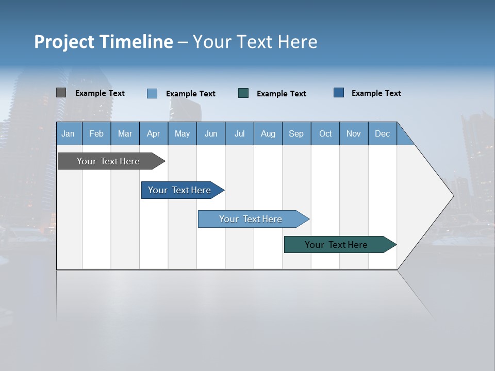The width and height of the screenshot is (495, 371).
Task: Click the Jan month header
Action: pyautogui.click(x=68, y=133)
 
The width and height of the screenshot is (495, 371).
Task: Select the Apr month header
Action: pyautogui.click(x=153, y=133)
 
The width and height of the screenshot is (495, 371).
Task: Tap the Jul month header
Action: pyautogui.click(x=239, y=133)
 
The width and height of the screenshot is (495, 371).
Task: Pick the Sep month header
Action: pyautogui.click(x=296, y=133)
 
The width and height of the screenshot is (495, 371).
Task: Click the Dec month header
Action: pyautogui.click(x=382, y=133)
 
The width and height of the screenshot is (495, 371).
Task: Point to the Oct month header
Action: pyautogui.click(x=325, y=133)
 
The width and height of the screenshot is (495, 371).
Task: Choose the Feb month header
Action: pyautogui.click(x=96, y=133)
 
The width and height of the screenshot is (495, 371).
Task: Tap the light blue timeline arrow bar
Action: pyautogui.click(x=251, y=219)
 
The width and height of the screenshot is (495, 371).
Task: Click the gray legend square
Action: pyautogui.click(x=61, y=93)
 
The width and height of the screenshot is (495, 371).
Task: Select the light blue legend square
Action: pyautogui.click(x=152, y=93)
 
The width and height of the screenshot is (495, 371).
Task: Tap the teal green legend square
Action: pyautogui.click(x=243, y=93)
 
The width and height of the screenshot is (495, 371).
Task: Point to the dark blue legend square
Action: pyautogui.click(x=339, y=93)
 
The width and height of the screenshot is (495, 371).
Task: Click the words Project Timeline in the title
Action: pyautogui.click(x=103, y=42)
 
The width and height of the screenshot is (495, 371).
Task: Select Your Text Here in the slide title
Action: pyautogui.click(x=255, y=42)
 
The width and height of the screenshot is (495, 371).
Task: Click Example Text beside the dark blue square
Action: pyautogui.click(x=376, y=93)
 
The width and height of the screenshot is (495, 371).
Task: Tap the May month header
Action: pyautogui.click(x=182, y=133)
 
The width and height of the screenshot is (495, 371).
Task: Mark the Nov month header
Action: pyautogui.click(x=354, y=133)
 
